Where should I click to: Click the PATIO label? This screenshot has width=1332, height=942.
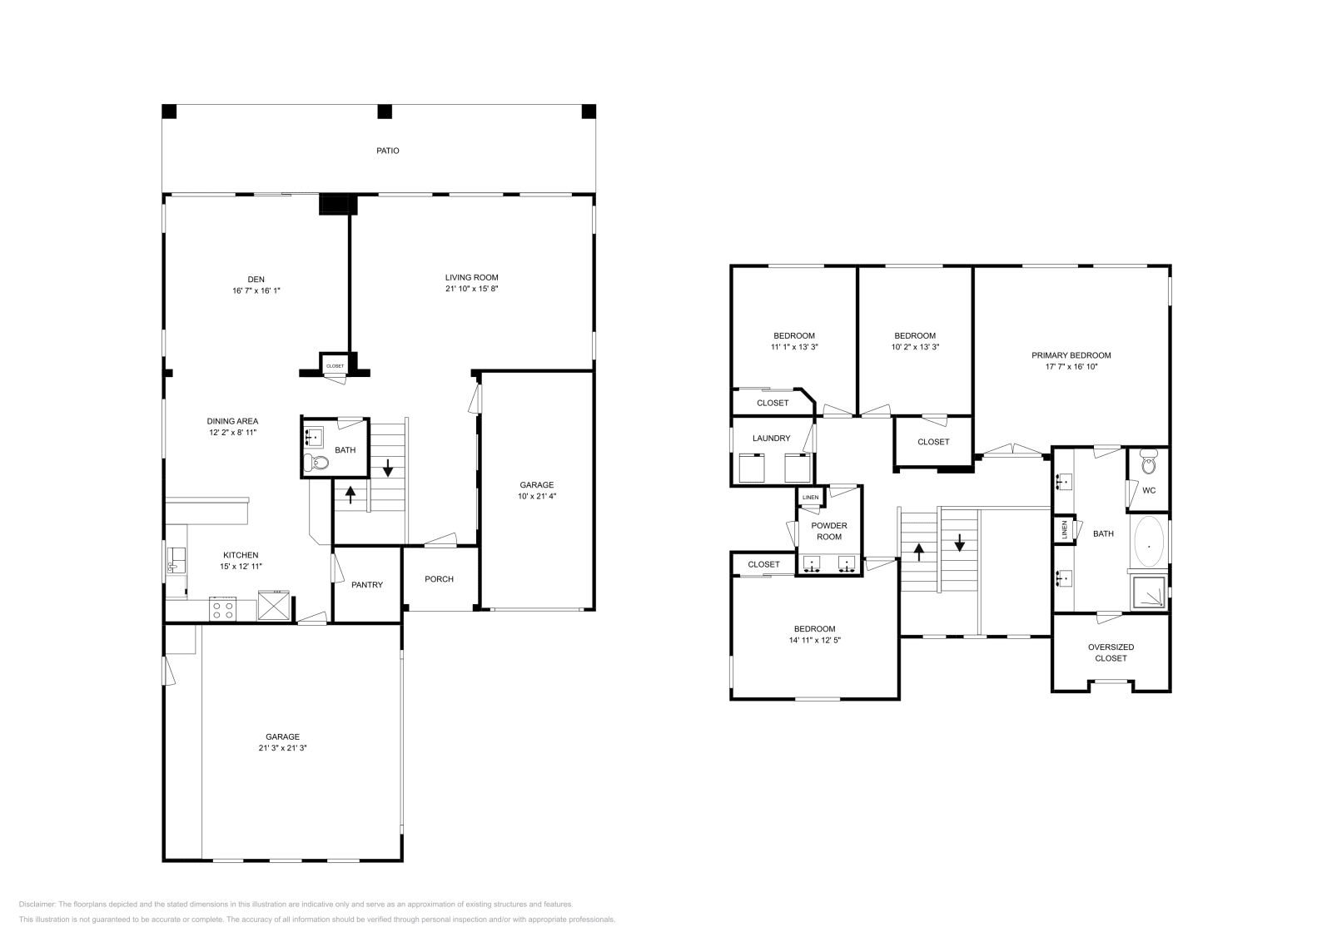(387, 151)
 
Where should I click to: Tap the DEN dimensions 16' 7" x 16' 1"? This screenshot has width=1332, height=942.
(257, 290)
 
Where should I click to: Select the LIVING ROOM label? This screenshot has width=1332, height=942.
(471, 277)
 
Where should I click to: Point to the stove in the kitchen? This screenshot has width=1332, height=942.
(223, 608)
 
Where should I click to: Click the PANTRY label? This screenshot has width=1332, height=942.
(367, 585)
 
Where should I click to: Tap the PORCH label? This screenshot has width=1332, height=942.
(439, 579)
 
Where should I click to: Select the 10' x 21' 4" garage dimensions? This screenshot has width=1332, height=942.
(536, 497)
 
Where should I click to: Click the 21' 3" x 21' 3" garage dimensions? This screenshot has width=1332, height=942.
(282, 748)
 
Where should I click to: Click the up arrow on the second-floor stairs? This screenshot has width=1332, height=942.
(919, 552)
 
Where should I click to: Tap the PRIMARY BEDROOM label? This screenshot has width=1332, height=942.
(1071, 355)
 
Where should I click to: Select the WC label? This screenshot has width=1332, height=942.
(1149, 490)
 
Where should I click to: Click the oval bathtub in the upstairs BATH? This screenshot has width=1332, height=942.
(1149, 546)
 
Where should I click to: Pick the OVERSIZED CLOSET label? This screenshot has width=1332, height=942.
(1111, 652)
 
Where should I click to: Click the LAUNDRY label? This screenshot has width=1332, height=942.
(771, 439)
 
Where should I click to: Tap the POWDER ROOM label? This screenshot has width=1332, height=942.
(829, 531)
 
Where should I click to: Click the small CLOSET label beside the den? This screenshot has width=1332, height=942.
(335, 366)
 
